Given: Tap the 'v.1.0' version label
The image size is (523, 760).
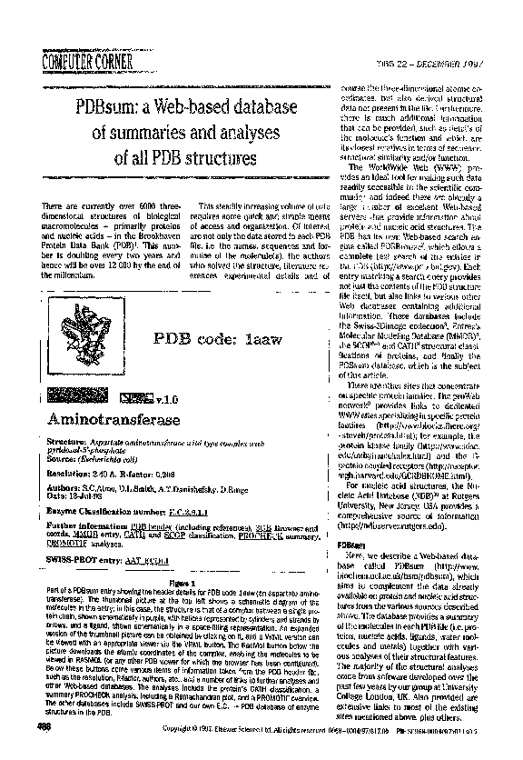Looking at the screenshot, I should tap(166, 398).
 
